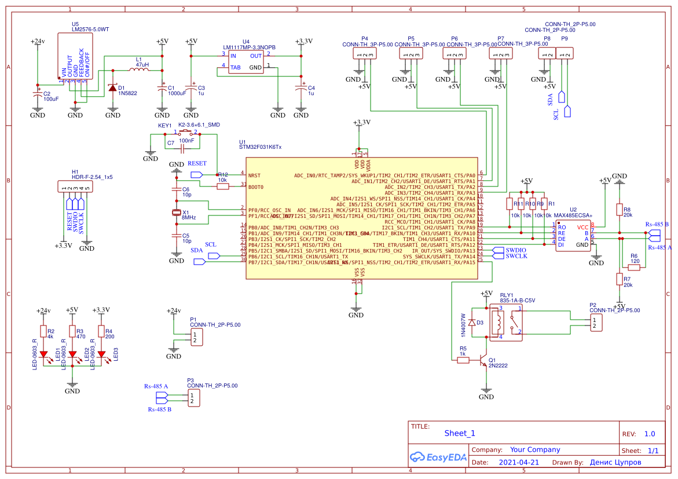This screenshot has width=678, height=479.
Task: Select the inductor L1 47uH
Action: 138,70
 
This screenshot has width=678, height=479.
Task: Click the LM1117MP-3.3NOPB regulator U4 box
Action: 246,61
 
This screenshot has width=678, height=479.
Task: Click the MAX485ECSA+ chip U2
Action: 573,235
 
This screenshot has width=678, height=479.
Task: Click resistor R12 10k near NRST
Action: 223,187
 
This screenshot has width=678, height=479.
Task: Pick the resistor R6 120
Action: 634,268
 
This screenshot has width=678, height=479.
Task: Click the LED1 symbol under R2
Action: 43,354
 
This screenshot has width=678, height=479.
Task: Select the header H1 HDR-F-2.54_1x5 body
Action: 75,187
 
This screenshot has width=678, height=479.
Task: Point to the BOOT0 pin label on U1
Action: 256,187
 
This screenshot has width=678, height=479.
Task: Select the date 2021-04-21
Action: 518,462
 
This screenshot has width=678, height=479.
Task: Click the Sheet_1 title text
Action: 460,433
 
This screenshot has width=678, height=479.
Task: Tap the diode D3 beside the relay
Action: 472,323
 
